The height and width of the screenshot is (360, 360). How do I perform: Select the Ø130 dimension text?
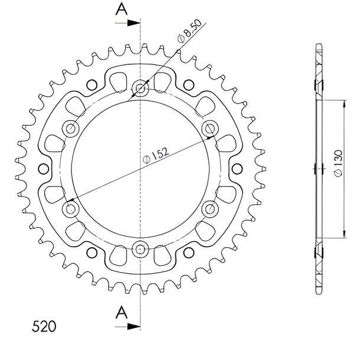coord(338,163)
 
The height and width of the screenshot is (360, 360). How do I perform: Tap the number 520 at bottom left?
coord(44,326)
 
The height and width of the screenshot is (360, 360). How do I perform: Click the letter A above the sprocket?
coord(122,9)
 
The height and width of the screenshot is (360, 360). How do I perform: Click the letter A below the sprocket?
coord(122,312)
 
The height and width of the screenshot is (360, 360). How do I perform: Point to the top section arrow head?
coord(133,23)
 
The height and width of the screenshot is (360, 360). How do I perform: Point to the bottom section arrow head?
coord(133,326)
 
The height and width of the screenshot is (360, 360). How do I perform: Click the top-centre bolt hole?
coord(140,88)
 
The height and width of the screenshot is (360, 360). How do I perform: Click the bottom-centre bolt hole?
coord(140,249)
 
